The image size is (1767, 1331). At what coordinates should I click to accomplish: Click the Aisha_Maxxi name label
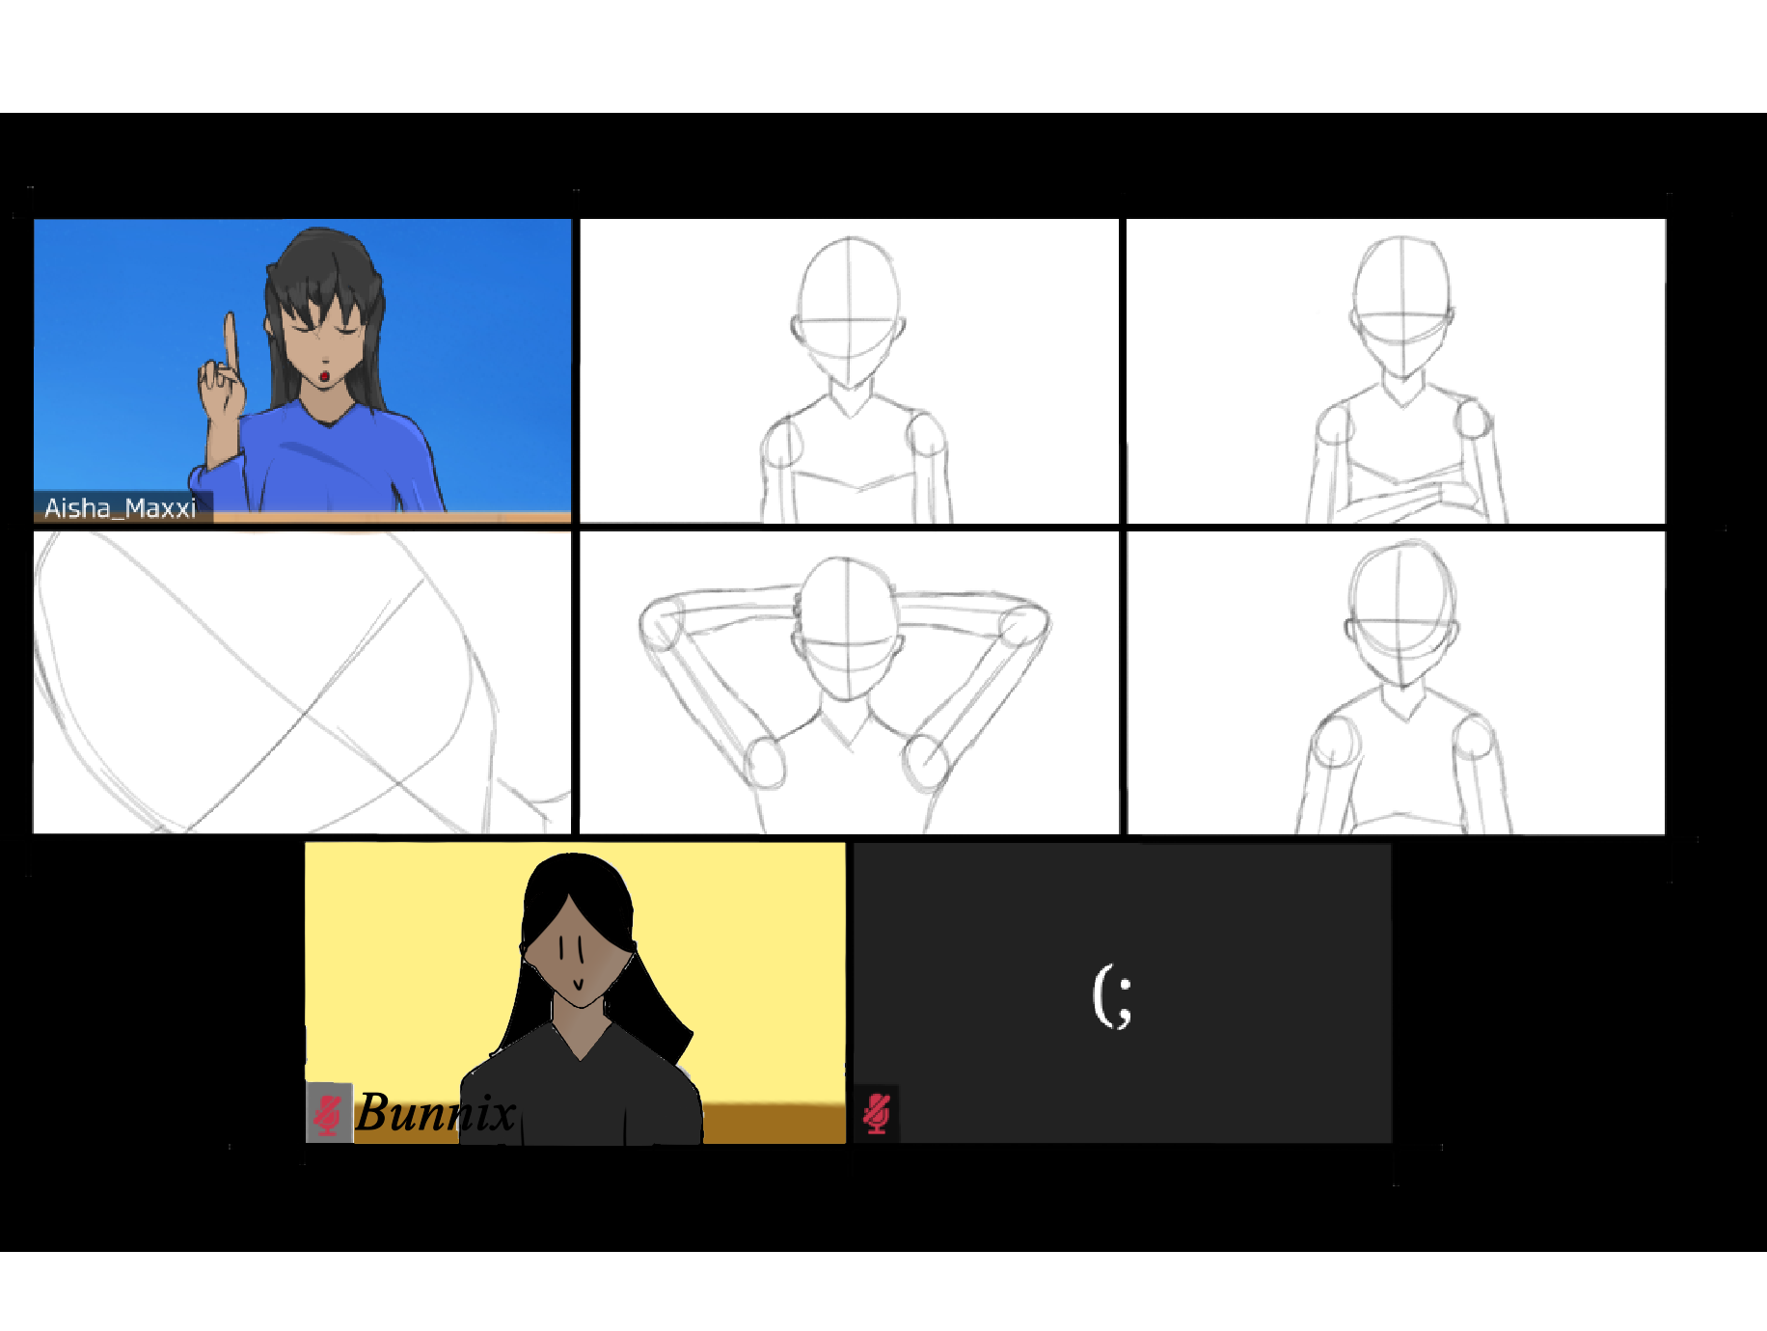coord(120,507)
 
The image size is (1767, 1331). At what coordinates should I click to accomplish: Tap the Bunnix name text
coord(435,1113)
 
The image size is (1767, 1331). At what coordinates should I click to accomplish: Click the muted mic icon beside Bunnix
coord(328,1113)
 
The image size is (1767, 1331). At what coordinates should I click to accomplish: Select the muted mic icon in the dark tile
coord(876,1113)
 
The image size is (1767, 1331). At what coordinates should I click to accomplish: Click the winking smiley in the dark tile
coord(1112,996)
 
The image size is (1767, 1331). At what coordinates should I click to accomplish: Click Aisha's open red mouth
coord(325,375)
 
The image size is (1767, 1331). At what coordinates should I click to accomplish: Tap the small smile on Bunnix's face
coord(577,985)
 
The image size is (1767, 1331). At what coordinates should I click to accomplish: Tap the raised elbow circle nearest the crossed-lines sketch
coord(662,623)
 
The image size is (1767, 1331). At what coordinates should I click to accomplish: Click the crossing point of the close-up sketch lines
coord(307,714)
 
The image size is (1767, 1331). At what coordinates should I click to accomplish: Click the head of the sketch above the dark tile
coord(1400,615)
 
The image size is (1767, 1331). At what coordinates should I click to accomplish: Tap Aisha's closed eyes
coord(323,330)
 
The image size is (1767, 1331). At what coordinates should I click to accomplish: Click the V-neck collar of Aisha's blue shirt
coord(330,415)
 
